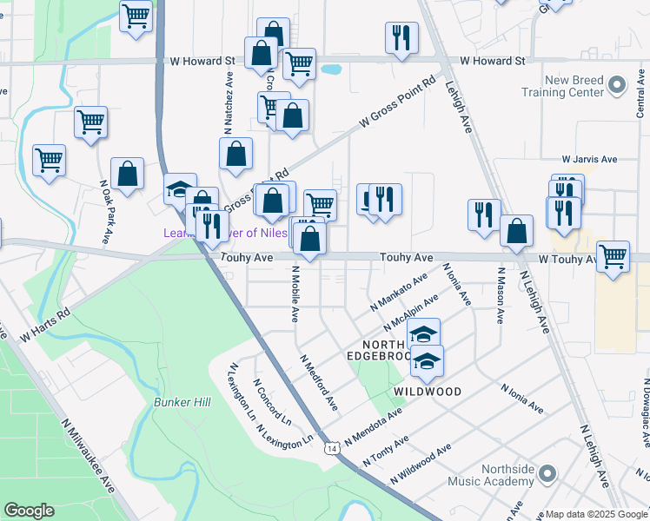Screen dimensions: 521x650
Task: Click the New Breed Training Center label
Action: click(x=563, y=85)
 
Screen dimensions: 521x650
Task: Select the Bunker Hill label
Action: click(x=182, y=403)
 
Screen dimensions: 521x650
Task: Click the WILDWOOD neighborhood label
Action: click(x=427, y=392)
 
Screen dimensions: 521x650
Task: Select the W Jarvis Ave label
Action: click(x=588, y=160)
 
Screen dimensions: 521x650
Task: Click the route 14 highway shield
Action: click(x=333, y=448)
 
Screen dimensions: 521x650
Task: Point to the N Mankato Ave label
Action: click(x=399, y=293)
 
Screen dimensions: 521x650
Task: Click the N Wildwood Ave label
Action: click(x=421, y=464)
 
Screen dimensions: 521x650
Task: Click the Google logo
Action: click(x=29, y=511)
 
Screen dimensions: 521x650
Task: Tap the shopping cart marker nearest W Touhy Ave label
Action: click(x=613, y=257)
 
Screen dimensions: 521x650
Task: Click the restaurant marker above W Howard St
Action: click(x=401, y=38)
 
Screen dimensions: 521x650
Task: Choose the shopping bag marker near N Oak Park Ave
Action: click(x=128, y=174)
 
